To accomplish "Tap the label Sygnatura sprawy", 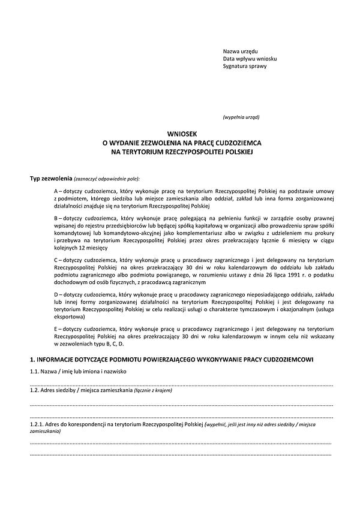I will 245,67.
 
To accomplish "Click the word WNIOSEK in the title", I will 179,135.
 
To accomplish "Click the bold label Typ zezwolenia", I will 51,179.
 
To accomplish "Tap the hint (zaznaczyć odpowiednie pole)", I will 107,179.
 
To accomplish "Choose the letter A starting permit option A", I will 56,191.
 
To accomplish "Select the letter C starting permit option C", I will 56,259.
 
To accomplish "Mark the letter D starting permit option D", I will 56,297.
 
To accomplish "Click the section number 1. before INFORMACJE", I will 32,359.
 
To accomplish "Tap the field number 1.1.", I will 35,372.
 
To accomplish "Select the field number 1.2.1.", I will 38,424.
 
